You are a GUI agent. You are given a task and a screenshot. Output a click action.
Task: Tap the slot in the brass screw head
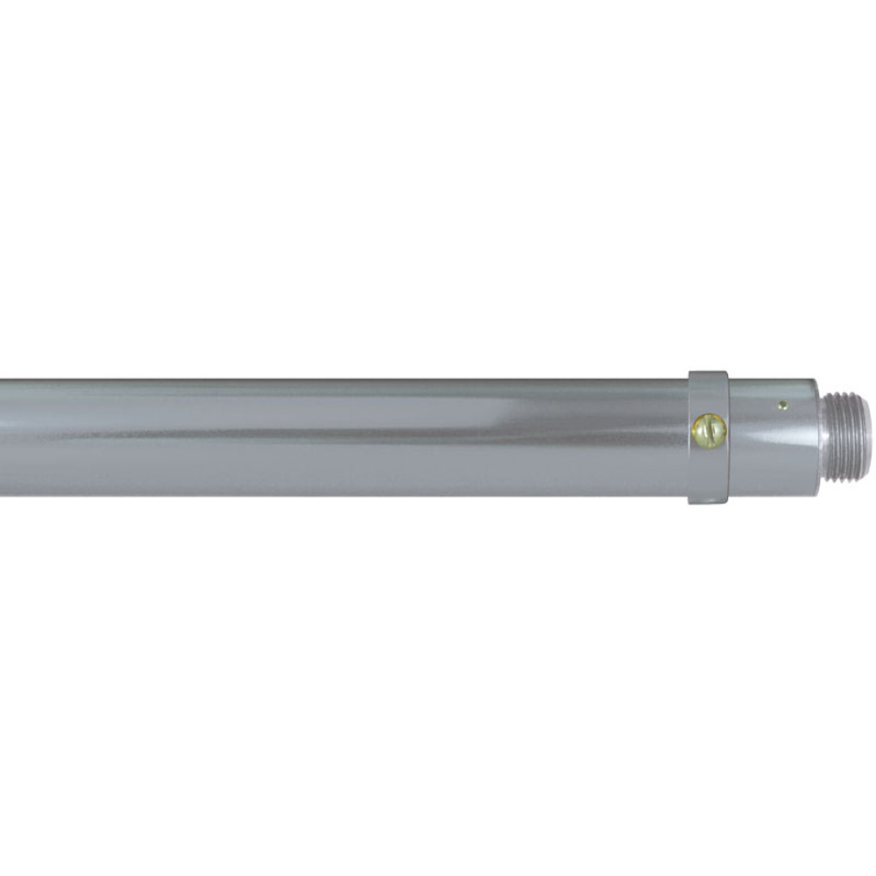pos(709,429)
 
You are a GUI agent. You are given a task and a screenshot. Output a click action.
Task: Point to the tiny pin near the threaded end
pos(782,405)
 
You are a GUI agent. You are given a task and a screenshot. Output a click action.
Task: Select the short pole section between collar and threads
pos(771,447)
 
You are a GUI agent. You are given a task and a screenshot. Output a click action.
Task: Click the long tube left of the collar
pos(350,438)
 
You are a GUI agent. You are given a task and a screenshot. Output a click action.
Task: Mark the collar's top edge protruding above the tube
pos(708,375)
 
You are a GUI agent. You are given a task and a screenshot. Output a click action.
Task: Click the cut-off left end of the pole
pos(4,438)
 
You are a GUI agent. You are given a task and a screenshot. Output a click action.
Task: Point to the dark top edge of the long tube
pos(350,381)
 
